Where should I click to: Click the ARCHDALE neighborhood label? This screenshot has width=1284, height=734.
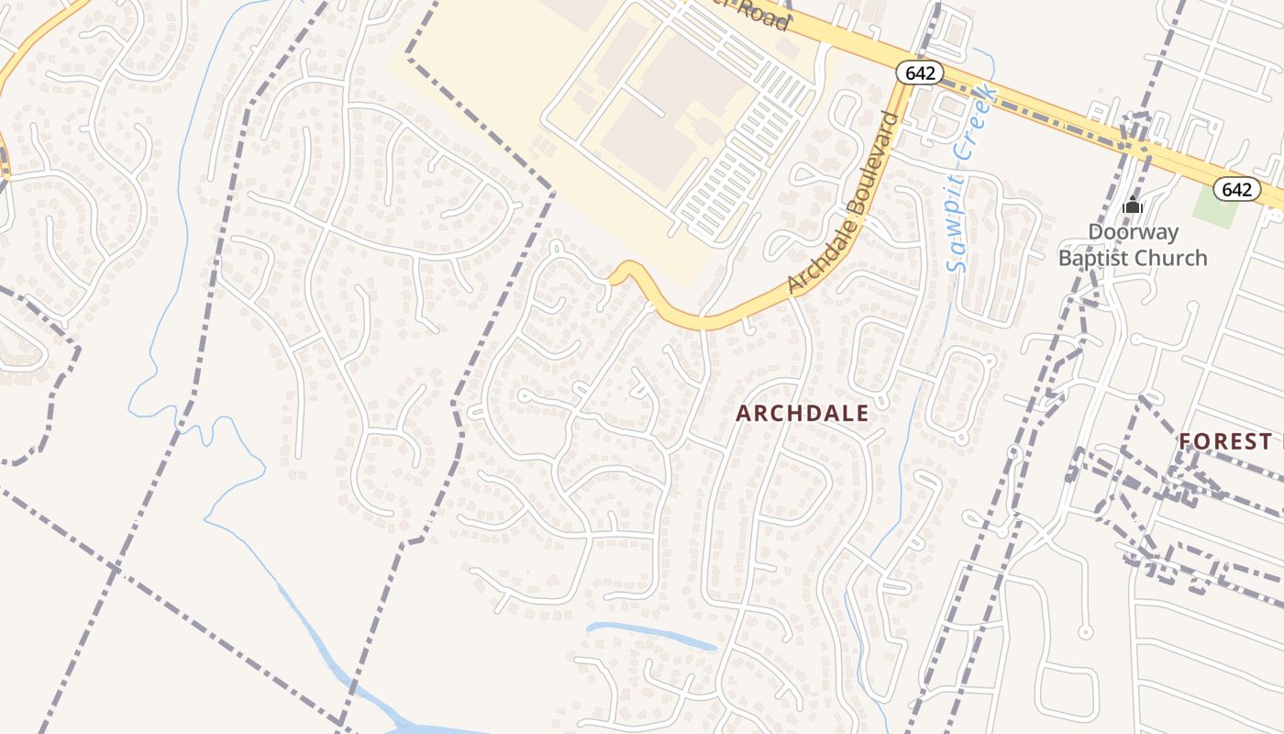802,414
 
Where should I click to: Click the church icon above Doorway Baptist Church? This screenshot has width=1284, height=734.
1133,205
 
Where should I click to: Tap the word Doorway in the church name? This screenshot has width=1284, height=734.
1133,232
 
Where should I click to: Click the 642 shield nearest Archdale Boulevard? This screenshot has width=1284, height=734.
920,72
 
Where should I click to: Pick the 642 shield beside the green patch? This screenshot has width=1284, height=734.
1236,189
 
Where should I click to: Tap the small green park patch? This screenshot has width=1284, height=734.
1216,209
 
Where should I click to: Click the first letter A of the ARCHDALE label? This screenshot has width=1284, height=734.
744,414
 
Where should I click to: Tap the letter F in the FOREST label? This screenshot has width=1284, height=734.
1186,441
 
